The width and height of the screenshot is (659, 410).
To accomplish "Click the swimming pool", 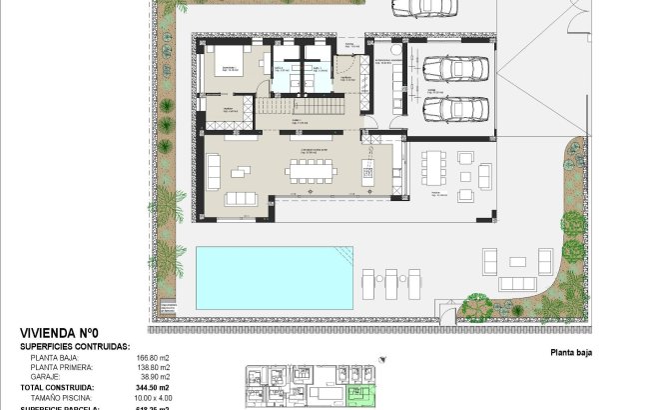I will click(274, 277).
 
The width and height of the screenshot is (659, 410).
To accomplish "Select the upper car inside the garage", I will click(455, 68).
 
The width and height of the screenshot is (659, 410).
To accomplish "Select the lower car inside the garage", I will click(455, 108).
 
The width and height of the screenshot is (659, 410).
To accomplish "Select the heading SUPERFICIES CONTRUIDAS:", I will click(75, 346).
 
